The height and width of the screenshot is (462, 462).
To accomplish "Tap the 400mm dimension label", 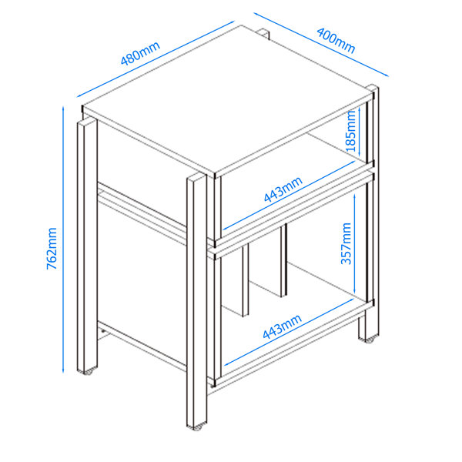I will tap(335, 41).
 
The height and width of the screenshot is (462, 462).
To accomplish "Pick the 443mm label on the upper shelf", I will tap(283, 189).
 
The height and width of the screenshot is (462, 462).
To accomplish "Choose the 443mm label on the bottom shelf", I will tap(281, 328).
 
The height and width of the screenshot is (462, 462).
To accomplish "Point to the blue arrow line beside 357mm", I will tap(353, 244).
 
